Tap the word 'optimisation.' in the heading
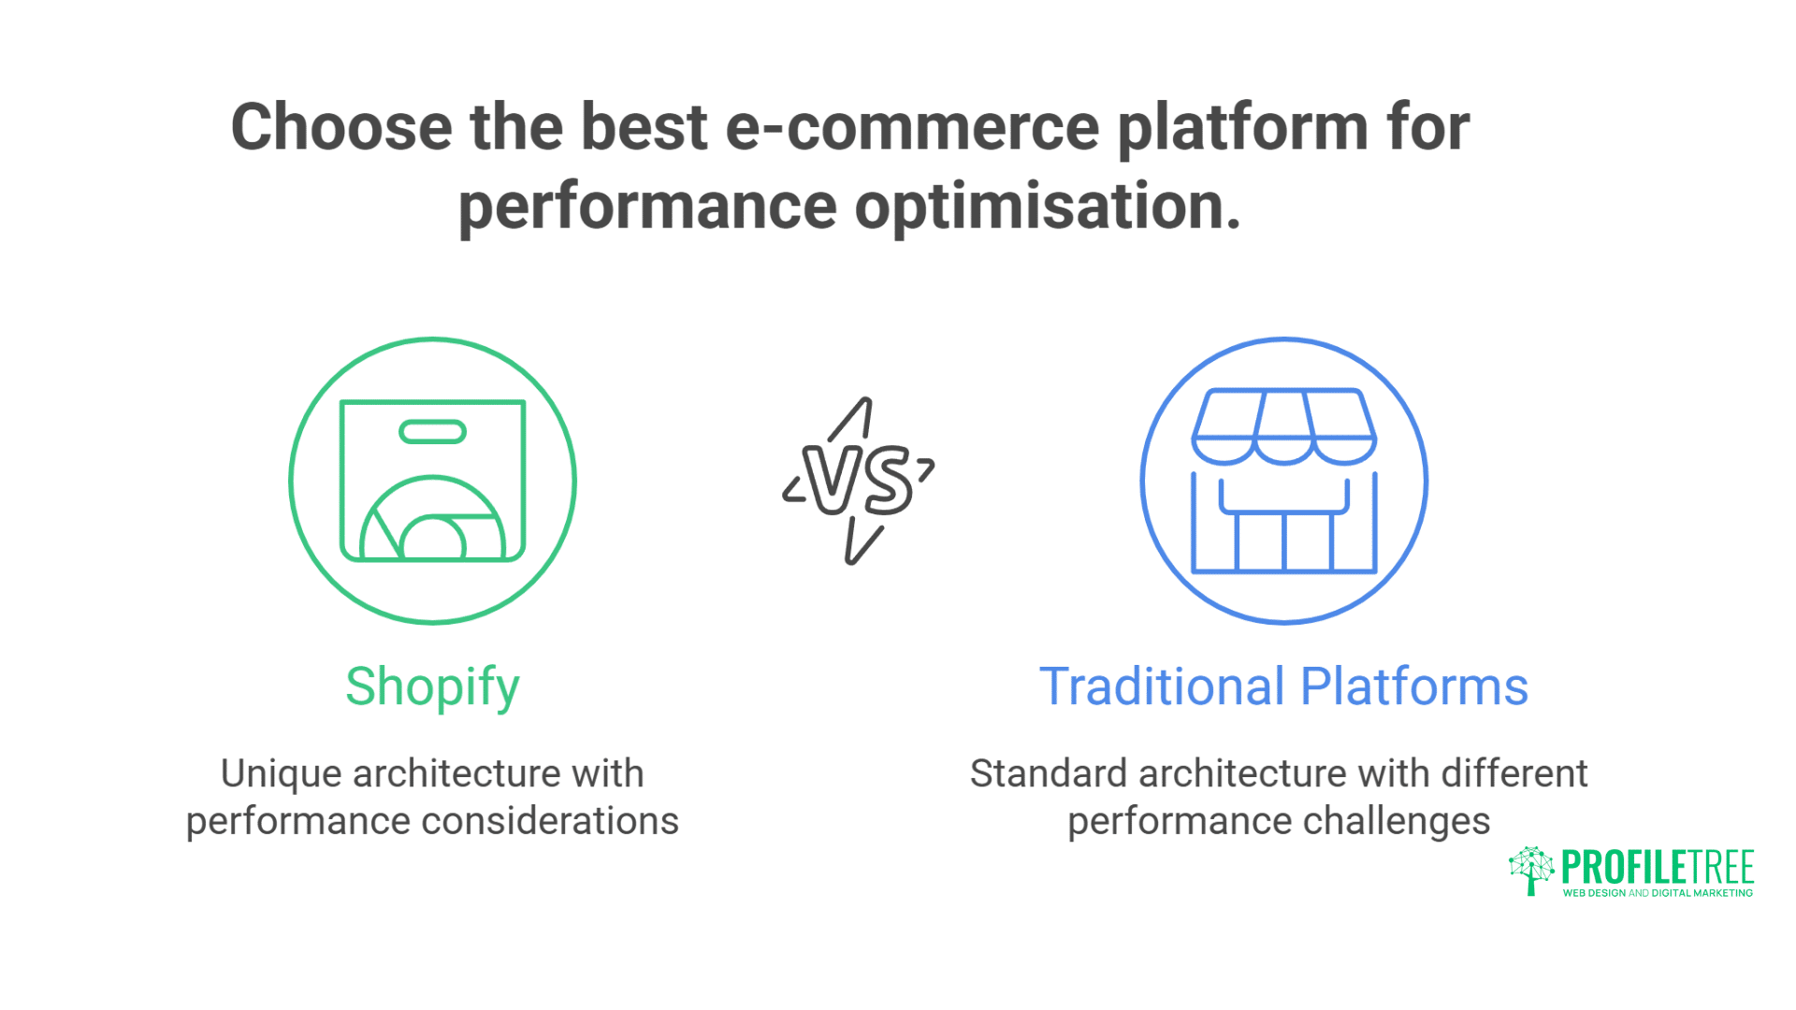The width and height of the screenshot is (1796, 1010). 1048,206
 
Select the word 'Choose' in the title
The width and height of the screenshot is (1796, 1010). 341,127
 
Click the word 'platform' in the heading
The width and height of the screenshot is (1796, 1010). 1243,129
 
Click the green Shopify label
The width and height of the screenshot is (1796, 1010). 432,687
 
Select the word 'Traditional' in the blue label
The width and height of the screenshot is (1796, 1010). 1162,687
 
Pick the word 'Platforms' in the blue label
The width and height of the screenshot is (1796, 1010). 1414,687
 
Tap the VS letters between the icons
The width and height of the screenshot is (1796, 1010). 859,481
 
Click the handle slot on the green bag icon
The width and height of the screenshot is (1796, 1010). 432,432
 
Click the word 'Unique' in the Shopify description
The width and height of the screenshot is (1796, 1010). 281,774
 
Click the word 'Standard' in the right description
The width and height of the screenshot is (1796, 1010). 1048,774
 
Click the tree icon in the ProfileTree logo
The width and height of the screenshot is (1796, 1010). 1530,871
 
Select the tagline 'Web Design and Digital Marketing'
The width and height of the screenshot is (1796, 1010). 1658,893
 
